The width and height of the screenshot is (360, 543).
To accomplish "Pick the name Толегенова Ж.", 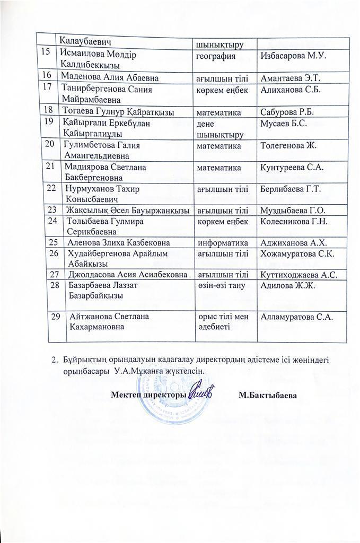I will [x=287, y=145].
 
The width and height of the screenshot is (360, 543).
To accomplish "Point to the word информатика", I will [x=221, y=242].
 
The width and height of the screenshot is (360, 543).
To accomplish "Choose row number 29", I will [x=55, y=317].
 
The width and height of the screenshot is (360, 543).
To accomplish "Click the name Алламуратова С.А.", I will [x=296, y=317].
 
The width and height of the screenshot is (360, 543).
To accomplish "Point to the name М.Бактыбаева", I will [x=267, y=395].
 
